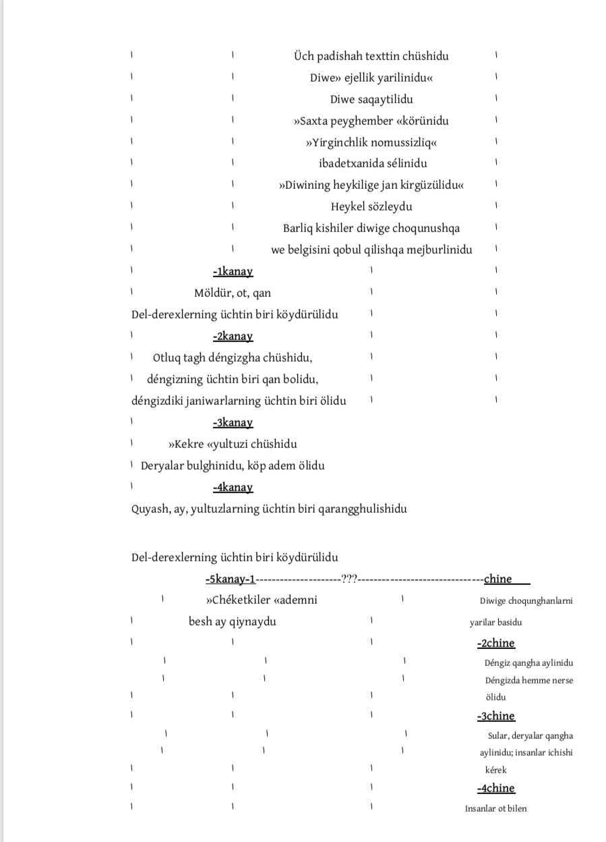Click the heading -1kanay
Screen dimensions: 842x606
coord(233,271)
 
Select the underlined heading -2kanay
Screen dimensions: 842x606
coord(233,336)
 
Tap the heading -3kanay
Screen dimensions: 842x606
coord(233,422)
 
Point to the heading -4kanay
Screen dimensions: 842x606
coord(233,487)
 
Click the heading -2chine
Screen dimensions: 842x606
coord(495,643)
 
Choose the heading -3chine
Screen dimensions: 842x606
coord(495,716)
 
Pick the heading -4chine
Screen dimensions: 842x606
coord(495,788)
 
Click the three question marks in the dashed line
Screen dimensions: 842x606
coord(349,579)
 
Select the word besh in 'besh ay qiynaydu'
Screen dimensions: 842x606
coord(200,621)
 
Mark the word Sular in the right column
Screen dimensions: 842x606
coord(499,736)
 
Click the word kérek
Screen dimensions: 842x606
coord(495,770)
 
